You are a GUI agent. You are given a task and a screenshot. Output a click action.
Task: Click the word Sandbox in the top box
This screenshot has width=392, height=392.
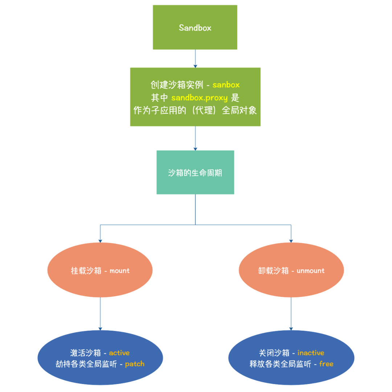(x=195, y=28)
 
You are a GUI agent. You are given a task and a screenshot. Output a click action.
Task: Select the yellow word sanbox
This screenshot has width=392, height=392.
(x=226, y=85)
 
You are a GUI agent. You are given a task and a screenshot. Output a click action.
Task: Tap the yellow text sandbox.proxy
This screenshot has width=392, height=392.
(x=200, y=98)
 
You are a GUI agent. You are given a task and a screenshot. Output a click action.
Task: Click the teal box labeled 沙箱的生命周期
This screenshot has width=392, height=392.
(x=195, y=172)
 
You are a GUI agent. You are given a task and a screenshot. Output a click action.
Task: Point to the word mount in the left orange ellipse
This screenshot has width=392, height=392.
(x=119, y=271)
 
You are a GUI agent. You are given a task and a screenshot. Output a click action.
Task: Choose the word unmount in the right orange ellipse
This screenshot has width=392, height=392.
(x=310, y=271)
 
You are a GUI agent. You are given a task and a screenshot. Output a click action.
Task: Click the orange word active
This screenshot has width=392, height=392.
(x=119, y=353)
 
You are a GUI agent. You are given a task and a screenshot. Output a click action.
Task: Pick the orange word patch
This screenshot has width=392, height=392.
(x=135, y=364)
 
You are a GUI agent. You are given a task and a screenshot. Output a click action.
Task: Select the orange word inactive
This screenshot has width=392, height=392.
(x=311, y=353)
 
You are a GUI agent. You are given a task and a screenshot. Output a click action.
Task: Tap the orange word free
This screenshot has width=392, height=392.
(x=326, y=364)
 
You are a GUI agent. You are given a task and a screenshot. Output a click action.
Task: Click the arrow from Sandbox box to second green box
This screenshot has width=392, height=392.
(x=195, y=58)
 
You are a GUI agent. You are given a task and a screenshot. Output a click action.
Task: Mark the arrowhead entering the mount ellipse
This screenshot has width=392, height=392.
(x=100, y=240)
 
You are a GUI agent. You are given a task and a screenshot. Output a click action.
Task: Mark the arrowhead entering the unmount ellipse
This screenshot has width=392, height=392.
(x=291, y=240)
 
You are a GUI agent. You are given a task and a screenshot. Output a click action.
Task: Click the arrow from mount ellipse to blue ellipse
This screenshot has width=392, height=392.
(x=100, y=314)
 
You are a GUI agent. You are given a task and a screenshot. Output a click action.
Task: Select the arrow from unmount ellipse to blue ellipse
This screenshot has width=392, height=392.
(x=291, y=314)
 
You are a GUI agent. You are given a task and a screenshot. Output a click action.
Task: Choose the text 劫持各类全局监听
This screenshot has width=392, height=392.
(x=86, y=364)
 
